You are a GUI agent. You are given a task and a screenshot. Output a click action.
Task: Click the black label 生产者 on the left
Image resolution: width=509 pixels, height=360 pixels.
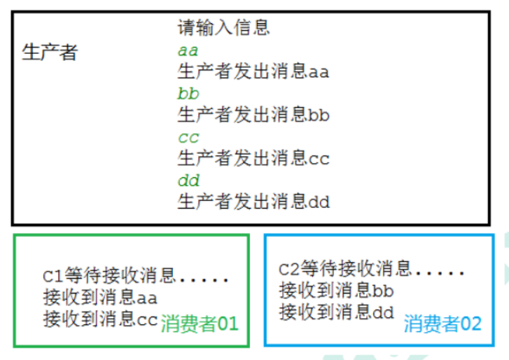click(50, 53)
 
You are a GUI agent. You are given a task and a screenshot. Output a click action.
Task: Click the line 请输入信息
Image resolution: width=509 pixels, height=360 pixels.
click(223, 28)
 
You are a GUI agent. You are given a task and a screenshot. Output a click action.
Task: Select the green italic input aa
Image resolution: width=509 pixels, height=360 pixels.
click(188, 50)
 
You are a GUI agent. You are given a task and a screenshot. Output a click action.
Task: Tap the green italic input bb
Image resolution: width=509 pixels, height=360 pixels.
click(188, 93)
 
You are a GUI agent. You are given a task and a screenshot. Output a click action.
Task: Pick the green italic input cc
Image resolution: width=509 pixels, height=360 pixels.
click(188, 137)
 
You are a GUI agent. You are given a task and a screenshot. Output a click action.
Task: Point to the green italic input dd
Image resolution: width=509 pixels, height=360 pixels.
click(188, 181)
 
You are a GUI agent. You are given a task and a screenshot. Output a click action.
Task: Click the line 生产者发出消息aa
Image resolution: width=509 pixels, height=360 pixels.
click(253, 71)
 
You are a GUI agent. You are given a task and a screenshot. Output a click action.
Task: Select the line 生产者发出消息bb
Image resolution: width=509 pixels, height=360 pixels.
click(253, 115)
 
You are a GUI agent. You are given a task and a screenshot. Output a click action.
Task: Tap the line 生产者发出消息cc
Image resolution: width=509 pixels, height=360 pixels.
click(253, 158)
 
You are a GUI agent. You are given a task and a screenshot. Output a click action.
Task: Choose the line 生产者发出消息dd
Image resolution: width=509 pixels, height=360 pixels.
click(253, 202)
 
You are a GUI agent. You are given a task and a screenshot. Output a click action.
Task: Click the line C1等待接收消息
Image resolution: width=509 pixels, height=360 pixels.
click(109, 275)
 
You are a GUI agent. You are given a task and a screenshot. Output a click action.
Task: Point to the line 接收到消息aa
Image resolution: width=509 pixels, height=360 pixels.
click(100, 298)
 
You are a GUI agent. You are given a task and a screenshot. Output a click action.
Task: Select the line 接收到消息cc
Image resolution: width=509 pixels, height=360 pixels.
click(100, 319)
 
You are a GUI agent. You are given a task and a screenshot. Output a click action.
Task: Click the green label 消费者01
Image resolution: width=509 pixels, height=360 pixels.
click(200, 324)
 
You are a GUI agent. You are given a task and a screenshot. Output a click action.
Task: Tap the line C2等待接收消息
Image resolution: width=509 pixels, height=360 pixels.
click(345, 268)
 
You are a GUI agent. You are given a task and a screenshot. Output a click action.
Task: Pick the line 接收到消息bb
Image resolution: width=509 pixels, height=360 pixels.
click(336, 290)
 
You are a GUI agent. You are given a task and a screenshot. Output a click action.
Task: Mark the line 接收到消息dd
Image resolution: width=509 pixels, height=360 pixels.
click(336, 312)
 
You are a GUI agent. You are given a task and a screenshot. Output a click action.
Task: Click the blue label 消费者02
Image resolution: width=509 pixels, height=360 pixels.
click(442, 324)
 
